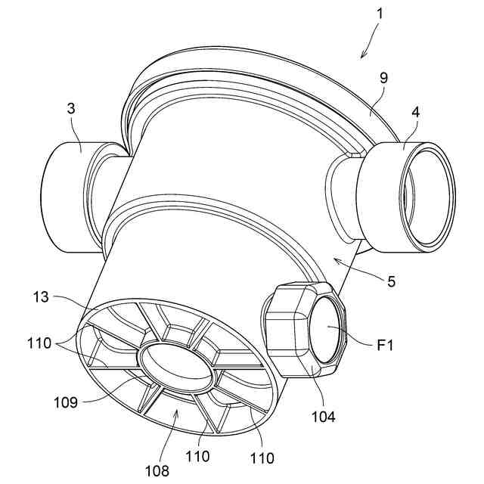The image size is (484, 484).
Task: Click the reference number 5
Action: [391, 281]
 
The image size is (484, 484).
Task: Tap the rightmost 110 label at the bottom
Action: [262, 458]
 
